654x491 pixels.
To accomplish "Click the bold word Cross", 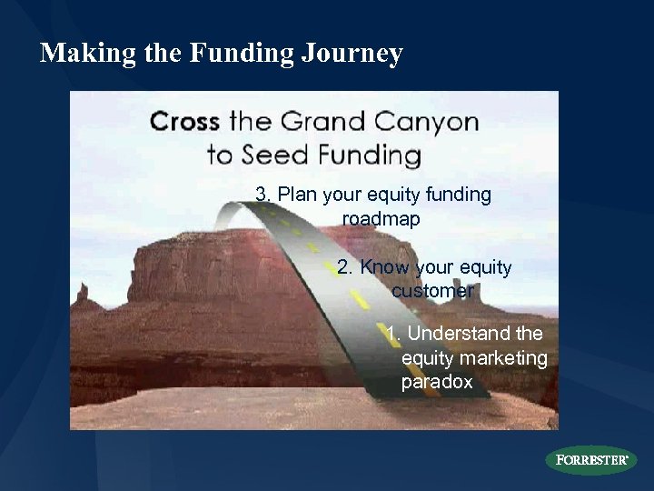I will [186, 122].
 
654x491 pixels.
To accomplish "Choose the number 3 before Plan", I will [262, 195].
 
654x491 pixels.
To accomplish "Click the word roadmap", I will [381, 219].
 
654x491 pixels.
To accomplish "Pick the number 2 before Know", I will [343, 268].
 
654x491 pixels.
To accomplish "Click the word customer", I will [432, 292].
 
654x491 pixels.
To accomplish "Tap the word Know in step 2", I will [385, 268].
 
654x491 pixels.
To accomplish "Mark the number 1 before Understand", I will [391, 334].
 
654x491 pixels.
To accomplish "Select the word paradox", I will [437, 382].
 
